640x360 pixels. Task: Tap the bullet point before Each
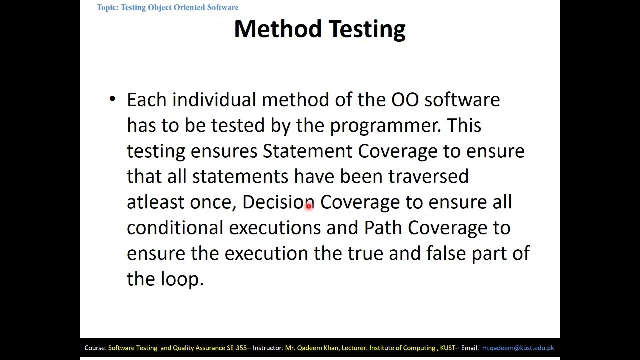pyautogui.click(x=112, y=99)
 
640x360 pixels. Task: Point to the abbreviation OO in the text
pyautogui.click(x=405, y=100)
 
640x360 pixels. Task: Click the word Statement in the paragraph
pyautogui.click(x=307, y=151)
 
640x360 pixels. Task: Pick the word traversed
pyautogui.click(x=428, y=176)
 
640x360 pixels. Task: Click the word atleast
pyautogui.click(x=155, y=202)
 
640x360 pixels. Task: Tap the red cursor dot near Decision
pyautogui.click(x=309, y=206)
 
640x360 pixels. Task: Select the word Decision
pyautogui.click(x=278, y=202)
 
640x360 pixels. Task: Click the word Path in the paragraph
pyautogui.click(x=383, y=227)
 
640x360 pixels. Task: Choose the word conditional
pyautogui.click(x=175, y=228)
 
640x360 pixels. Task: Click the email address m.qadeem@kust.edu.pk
pyautogui.click(x=518, y=348)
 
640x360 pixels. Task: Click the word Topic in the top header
pyautogui.click(x=106, y=7)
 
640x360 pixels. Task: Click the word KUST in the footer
pyautogui.click(x=447, y=348)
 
